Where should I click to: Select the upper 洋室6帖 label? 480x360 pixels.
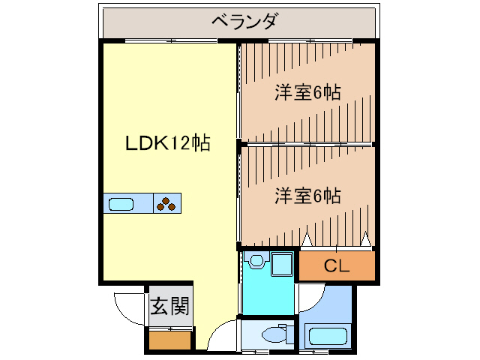coord(307,93)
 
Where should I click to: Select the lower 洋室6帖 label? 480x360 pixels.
coord(307,196)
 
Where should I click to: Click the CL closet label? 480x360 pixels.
coord(337,265)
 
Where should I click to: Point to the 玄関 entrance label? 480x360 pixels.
coord(169,306)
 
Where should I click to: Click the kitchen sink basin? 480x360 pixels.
coord(121,203)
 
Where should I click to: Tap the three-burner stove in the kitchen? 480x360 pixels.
coord(167,203)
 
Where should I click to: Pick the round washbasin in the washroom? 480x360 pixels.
coord(257,261)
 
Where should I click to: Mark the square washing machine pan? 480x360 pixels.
coord(282,264)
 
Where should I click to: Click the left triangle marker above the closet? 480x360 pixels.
coord(307,239)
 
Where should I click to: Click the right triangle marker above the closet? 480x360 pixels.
coord(365,239)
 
